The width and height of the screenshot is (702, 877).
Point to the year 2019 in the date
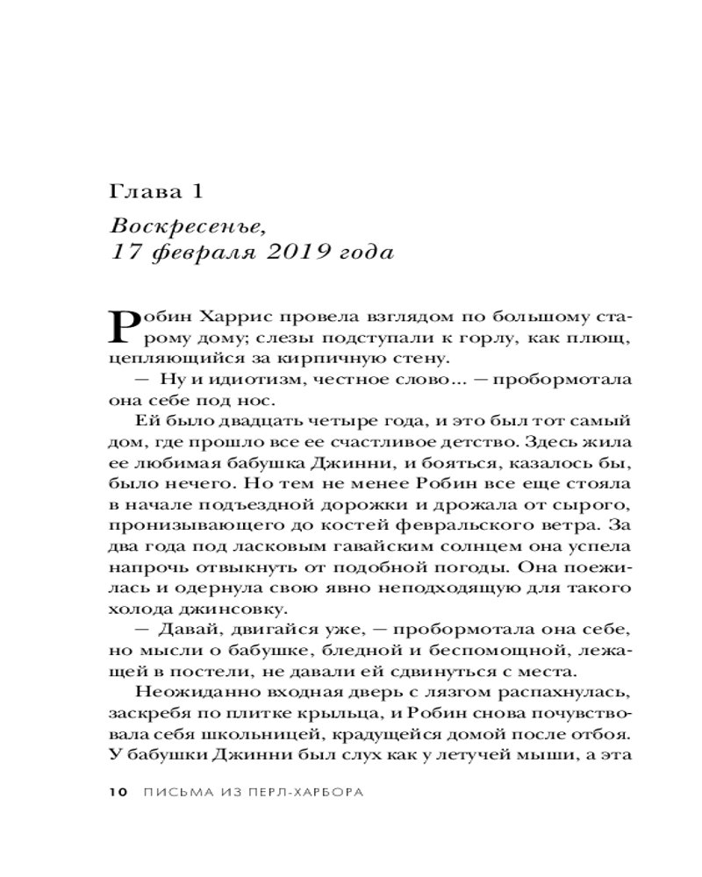coord(287,254)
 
